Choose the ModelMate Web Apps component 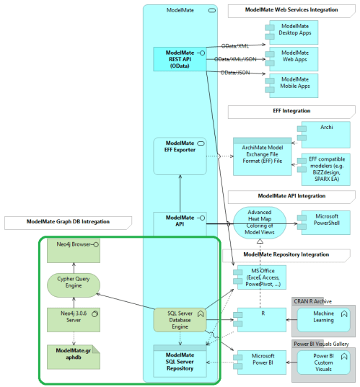click(x=293, y=58)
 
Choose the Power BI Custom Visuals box click(x=322, y=362)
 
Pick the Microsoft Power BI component click(x=261, y=360)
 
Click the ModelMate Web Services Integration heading click(x=291, y=10)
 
